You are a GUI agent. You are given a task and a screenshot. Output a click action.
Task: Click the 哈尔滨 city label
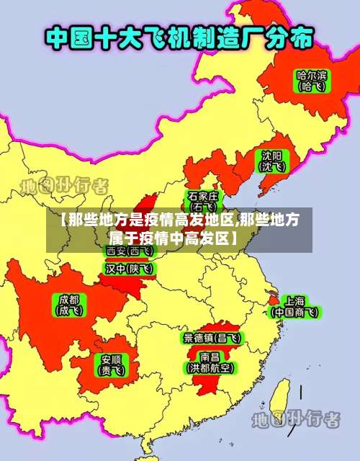click(x=312, y=74)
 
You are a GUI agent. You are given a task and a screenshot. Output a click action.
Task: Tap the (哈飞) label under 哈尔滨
click(x=312, y=86)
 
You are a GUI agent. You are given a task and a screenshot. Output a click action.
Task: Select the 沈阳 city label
click(x=272, y=156)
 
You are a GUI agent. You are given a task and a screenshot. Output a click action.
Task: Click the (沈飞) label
click(x=272, y=167)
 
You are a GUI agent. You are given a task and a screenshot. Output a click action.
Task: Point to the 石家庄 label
click(x=203, y=195)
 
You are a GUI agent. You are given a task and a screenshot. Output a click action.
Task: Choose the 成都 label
click(x=70, y=300)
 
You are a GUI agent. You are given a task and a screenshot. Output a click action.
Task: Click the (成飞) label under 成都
click(x=70, y=311)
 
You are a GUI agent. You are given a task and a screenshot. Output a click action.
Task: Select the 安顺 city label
click(x=111, y=359)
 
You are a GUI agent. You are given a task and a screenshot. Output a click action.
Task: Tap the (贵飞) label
click(x=111, y=370)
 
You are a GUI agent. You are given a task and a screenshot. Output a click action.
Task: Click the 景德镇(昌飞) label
click(x=212, y=337)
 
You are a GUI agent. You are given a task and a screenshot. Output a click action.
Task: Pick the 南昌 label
click(x=210, y=356)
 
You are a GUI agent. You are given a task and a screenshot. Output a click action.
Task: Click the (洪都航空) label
click(x=210, y=367)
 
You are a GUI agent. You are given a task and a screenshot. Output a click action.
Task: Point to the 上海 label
click(x=294, y=300)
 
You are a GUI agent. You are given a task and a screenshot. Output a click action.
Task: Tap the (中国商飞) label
click(x=294, y=312)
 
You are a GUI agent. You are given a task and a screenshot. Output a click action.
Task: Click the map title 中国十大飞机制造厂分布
click(x=179, y=37)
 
